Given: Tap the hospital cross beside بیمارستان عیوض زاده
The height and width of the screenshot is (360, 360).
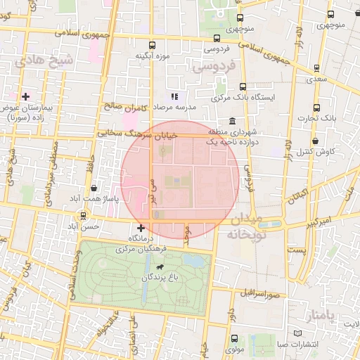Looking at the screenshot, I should (25, 96).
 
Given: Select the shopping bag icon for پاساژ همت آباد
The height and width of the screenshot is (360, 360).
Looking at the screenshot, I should (94, 188).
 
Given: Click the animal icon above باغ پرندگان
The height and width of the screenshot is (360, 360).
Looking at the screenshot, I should (161, 267).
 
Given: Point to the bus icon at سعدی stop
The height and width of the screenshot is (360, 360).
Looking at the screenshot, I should (316, 68).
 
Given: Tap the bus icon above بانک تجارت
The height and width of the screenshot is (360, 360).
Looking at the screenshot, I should (316, 108).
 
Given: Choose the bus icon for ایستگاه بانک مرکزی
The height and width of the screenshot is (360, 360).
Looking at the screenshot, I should (242, 86).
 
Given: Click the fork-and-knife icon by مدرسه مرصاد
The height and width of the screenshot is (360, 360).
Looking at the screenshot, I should (174, 96).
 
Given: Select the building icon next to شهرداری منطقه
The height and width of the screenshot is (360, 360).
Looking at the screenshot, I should (232, 121).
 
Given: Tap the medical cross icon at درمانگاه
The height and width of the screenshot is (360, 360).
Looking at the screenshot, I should (141, 227).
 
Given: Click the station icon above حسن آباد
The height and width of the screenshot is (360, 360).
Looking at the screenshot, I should (84, 215).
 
